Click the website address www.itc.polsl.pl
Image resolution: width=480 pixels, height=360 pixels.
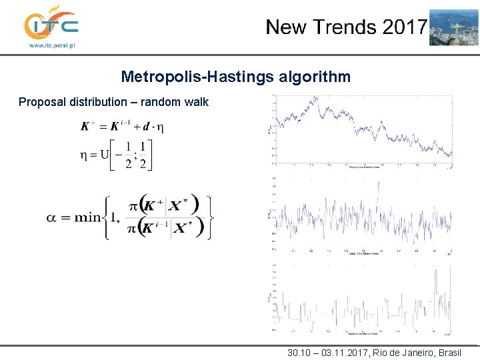(51, 45)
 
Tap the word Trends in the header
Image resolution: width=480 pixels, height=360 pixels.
(345, 27)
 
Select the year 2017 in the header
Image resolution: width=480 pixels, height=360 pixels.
(403, 27)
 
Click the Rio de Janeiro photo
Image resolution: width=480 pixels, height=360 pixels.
(453, 27)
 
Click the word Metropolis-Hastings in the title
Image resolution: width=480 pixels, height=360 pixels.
(197, 77)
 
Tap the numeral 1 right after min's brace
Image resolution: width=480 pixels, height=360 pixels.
(119, 217)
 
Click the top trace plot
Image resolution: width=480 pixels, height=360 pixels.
(361, 130)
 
